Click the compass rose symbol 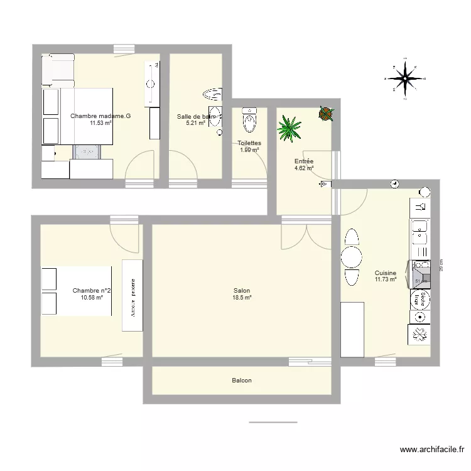(x=403, y=78)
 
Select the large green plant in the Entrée (x=289, y=127)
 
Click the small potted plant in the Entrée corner (x=326, y=114)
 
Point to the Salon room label (x=242, y=291)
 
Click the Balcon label (x=242, y=381)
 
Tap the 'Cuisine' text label (x=385, y=273)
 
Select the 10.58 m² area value (x=92, y=297)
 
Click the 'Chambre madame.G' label (x=100, y=116)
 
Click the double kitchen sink (x=420, y=233)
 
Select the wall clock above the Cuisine (x=394, y=183)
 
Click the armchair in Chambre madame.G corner (x=58, y=69)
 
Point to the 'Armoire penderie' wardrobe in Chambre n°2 (x=132, y=295)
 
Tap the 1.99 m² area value (x=249, y=149)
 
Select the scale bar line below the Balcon (x=273, y=422)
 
